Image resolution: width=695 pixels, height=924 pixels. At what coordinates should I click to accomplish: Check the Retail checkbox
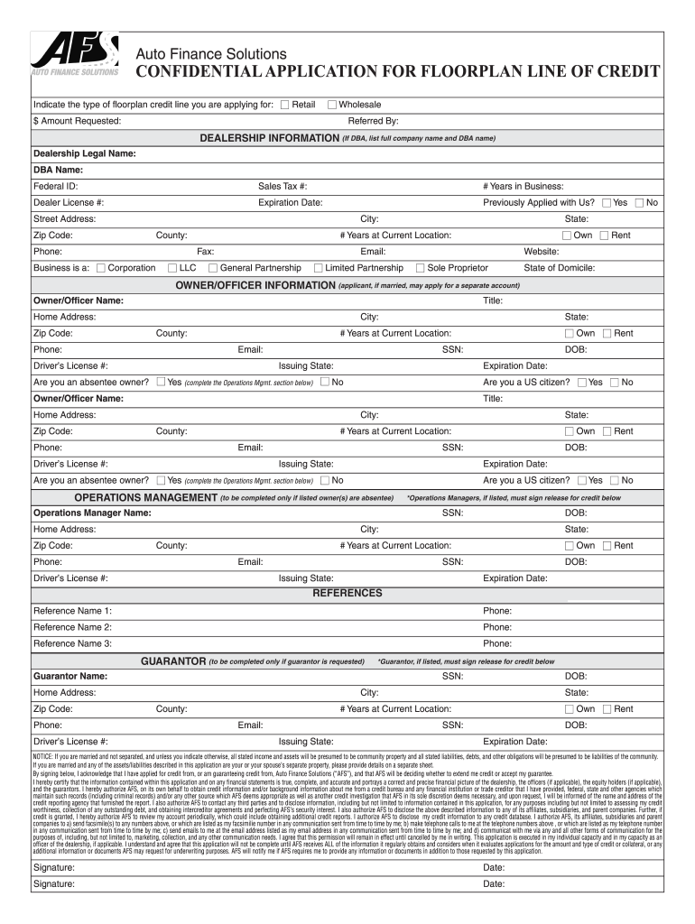point(285,105)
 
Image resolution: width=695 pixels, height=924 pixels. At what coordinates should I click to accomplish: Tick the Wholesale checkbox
point(332,105)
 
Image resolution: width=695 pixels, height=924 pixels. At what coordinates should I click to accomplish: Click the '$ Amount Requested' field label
point(77,121)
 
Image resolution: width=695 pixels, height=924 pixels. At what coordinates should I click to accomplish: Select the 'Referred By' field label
point(373,121)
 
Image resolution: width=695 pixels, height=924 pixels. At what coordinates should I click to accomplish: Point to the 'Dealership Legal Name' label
point(85,153)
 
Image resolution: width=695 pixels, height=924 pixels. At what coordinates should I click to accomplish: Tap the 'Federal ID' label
point(55,186)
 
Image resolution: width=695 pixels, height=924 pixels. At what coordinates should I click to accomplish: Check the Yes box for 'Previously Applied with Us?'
point(607,203)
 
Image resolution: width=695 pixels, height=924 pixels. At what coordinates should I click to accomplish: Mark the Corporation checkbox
point(101,268)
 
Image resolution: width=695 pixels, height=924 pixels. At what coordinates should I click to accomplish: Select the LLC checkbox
point(172,268)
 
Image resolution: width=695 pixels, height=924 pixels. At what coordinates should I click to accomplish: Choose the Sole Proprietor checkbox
point(420,268)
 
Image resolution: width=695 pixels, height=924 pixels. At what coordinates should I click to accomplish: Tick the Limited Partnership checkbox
point(318,268)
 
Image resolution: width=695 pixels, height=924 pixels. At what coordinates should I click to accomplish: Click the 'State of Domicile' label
point(559,268)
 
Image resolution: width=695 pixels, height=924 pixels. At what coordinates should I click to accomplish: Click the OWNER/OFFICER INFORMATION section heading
point(255,284)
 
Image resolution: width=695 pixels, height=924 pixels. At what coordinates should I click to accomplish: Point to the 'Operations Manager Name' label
point(92,513)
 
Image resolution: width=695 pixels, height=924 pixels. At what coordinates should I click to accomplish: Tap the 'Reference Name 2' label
point(72,627)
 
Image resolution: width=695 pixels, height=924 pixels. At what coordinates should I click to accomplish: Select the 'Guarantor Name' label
point(70,676)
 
